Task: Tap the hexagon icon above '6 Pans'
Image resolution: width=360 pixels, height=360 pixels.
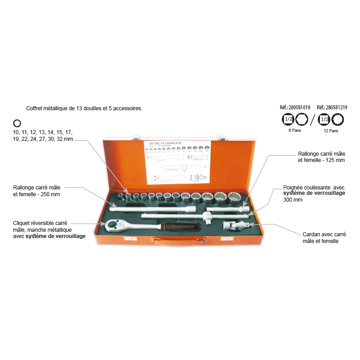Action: point(301,119)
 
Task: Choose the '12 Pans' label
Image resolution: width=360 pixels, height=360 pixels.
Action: point(331,131)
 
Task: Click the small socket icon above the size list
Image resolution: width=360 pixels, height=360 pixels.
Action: point(17,123)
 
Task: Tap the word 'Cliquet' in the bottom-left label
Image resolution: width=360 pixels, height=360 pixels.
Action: point(21,224)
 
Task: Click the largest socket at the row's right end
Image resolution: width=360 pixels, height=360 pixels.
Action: point(234,197)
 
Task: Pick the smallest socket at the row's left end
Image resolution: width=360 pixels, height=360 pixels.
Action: point(121,196)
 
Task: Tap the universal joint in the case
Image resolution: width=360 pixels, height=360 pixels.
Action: point(234,225)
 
